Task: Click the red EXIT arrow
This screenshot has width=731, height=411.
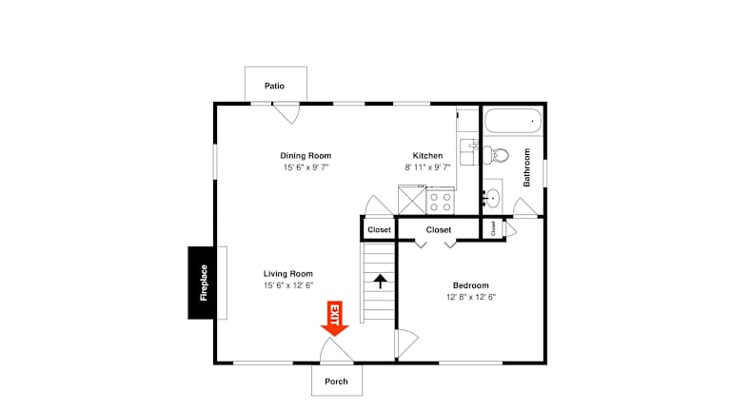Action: coord(335,319)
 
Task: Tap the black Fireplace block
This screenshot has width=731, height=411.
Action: coord(202,283)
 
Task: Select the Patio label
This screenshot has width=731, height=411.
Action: coord(274,86)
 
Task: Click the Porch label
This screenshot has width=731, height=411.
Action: coord(336,382)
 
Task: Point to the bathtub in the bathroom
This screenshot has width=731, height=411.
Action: coord(513,121)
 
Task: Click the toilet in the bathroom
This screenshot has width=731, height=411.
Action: coord(496,155)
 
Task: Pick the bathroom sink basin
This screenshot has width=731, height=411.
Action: coord(492,199)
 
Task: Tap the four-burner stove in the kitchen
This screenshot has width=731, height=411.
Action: coord(440,202)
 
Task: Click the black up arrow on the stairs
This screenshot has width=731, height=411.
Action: coord(381,281)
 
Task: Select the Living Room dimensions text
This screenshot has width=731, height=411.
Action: coord(288,285)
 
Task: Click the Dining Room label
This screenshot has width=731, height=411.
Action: coord(306,156)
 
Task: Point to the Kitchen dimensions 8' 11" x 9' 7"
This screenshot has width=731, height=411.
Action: coord(427,167)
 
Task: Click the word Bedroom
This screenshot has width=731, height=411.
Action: coord(471,285)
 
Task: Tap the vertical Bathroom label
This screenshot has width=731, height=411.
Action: coord(526,167)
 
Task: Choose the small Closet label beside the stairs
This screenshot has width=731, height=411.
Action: coord(379,229)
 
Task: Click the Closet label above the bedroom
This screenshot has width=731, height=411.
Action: coord(439,229)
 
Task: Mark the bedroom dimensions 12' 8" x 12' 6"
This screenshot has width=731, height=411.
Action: coord(471,297)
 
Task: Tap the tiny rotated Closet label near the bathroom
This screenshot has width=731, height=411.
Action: coord(493,228)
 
